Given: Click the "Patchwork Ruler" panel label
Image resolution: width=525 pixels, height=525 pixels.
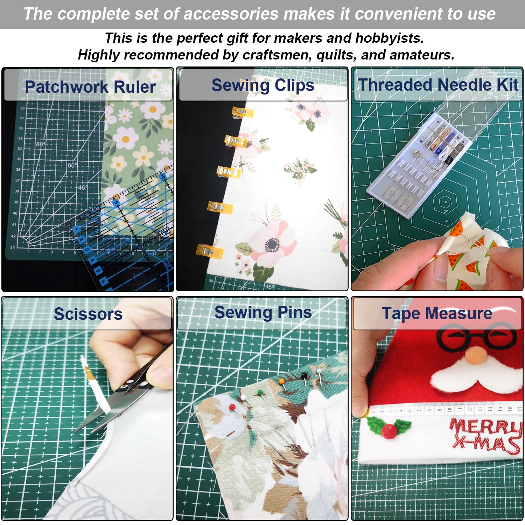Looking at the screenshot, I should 90,87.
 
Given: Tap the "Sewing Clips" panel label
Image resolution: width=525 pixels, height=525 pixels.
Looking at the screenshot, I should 263,85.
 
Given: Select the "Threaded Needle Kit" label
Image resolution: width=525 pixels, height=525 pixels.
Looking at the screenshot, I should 438,85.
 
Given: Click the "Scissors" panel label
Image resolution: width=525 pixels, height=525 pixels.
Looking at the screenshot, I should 88,314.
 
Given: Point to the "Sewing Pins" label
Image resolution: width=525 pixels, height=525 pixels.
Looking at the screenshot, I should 263,313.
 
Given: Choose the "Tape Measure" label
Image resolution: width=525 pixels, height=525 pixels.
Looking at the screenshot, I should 437,313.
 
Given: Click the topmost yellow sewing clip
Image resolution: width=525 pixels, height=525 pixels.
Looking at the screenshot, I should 241,112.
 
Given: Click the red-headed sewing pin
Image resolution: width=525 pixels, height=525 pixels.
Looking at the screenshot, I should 232,407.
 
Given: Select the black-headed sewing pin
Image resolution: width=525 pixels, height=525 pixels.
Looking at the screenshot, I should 304,376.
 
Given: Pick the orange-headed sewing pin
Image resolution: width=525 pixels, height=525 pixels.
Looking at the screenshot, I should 282,381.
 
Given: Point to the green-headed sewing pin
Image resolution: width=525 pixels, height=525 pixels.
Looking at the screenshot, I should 259,392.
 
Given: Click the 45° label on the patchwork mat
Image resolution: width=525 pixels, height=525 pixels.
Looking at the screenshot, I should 83,188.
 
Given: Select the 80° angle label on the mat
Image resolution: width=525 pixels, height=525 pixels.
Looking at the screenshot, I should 40,144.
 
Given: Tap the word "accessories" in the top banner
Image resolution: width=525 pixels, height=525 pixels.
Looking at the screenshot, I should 231,14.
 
